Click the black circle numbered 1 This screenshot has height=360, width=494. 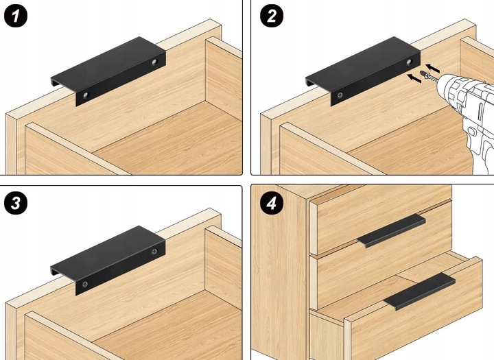(x=16, y=16)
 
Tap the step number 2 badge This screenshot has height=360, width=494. (x=272, y=16)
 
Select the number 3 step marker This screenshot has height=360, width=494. (x=16, y=203)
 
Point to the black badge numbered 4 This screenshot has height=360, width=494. (x=272, y=203)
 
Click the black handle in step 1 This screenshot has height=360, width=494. (x=108, y=71)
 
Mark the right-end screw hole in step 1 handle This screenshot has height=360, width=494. (x=154, y=62)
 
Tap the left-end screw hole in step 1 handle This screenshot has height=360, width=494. (x=85, y=95)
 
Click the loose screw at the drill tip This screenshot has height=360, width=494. (x=428, y=76)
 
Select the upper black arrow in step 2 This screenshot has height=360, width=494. (x=432, y=68)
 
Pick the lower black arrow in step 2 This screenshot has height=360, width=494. (x=414, y=78)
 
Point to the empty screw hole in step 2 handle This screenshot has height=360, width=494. (x=409, y=62)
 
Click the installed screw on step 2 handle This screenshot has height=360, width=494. (x=340, y=95)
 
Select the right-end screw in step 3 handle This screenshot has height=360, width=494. (x=154, y=252)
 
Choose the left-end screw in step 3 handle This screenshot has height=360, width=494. (x=85, y=284)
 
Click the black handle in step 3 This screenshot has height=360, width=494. (x=108, y=260)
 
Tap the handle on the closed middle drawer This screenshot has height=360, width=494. (x=391, y=230)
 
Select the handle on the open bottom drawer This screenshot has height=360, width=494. (x=419, y=291)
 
